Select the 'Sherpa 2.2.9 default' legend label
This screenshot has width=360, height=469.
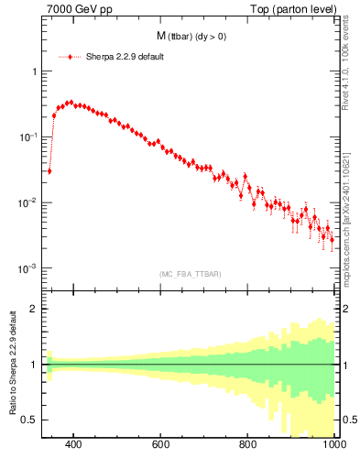pyautogui.click(x=125, y=57)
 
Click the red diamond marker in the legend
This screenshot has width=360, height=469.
pyautogui.click(x=71, y=57)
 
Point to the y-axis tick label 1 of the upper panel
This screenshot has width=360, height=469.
pyautogui.click(x=34, y=71)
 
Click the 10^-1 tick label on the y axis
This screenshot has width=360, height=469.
pyautogui.click(x=28, y=136)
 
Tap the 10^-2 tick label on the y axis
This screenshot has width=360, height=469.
pyautogui.click(x=28, y=202)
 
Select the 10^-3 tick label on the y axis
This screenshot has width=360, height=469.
pyautogui.click(x=28, y=268)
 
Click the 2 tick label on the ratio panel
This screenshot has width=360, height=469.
pyautogui.click(x=34, y=309)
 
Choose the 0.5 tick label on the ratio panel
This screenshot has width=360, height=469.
pyautogui.click(x=30, y=420)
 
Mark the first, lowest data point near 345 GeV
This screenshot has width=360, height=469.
pyautogui.click(x=49, y=170)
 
